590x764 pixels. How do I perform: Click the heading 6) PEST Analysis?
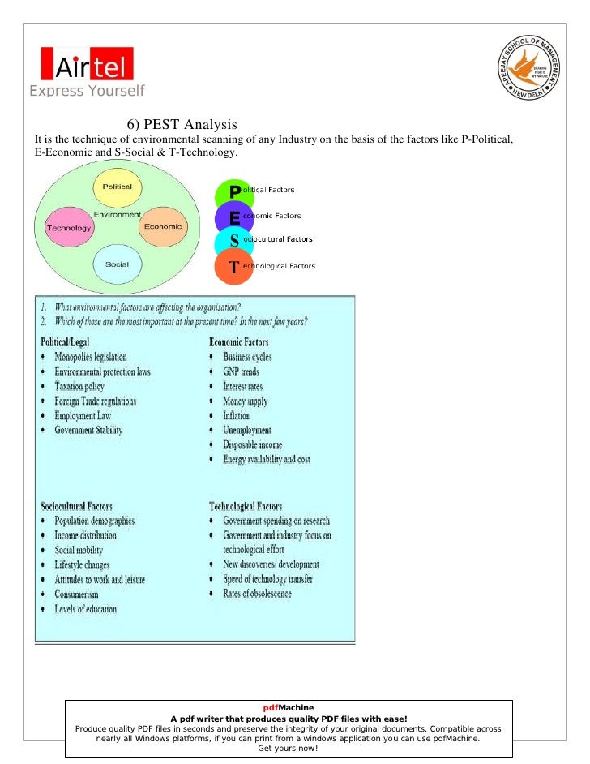click(182, 125)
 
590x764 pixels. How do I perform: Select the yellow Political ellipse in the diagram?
click(118, 187)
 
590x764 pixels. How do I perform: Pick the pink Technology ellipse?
click(69, 228)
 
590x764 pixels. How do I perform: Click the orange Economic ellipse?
click(162, 227)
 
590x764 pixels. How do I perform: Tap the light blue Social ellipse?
click(117, 265)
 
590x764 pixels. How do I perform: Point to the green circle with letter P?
click(234, 192)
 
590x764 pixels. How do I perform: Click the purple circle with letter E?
click(234, 217)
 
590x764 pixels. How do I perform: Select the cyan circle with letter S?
click(234, 242)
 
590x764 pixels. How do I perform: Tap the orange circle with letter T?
click(234, 267)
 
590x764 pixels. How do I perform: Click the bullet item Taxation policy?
click(79, 387)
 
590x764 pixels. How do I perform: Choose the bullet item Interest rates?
click(242, 387)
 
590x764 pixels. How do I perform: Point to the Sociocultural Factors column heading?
click(76, 506)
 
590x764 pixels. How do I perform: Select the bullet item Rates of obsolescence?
click(257, 594)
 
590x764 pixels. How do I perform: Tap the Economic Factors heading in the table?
click(240, 342)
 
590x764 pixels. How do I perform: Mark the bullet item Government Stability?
click(88, 431)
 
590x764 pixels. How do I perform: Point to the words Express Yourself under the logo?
click(87, 91)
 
